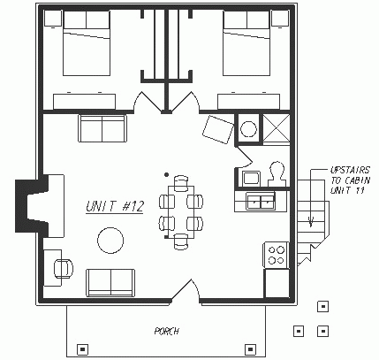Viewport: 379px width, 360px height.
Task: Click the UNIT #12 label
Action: [115, 206]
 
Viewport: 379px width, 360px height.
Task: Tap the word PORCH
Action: [167, 331]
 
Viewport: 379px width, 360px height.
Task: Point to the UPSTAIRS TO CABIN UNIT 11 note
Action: [350, 180]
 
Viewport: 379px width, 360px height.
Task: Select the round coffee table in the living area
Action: [110, 241]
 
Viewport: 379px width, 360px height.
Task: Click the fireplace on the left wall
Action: [40, 206]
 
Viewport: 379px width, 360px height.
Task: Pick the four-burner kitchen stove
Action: [277, 255]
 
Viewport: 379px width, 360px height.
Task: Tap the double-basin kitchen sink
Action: [261, 201]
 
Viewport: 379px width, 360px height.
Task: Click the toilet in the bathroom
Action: [277, 174]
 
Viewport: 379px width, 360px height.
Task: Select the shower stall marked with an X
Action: [276, 128]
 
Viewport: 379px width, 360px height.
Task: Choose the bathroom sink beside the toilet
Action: [251, 178]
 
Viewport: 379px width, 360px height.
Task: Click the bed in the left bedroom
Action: [87, 42]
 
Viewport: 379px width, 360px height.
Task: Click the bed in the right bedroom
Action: [246, 42]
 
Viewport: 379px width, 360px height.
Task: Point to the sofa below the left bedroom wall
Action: [102, 128]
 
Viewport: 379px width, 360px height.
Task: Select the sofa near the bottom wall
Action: [110, 282]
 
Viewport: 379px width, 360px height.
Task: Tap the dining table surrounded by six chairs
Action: [181, 211]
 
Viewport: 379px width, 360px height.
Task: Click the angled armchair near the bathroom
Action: [218, 129]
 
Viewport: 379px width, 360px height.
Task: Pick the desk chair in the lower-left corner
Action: [64, 269]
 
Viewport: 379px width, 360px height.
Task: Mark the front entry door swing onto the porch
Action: [186, 290]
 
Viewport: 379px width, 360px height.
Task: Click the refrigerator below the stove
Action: [277, 283]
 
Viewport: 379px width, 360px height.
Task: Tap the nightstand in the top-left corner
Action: [53, 19]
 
